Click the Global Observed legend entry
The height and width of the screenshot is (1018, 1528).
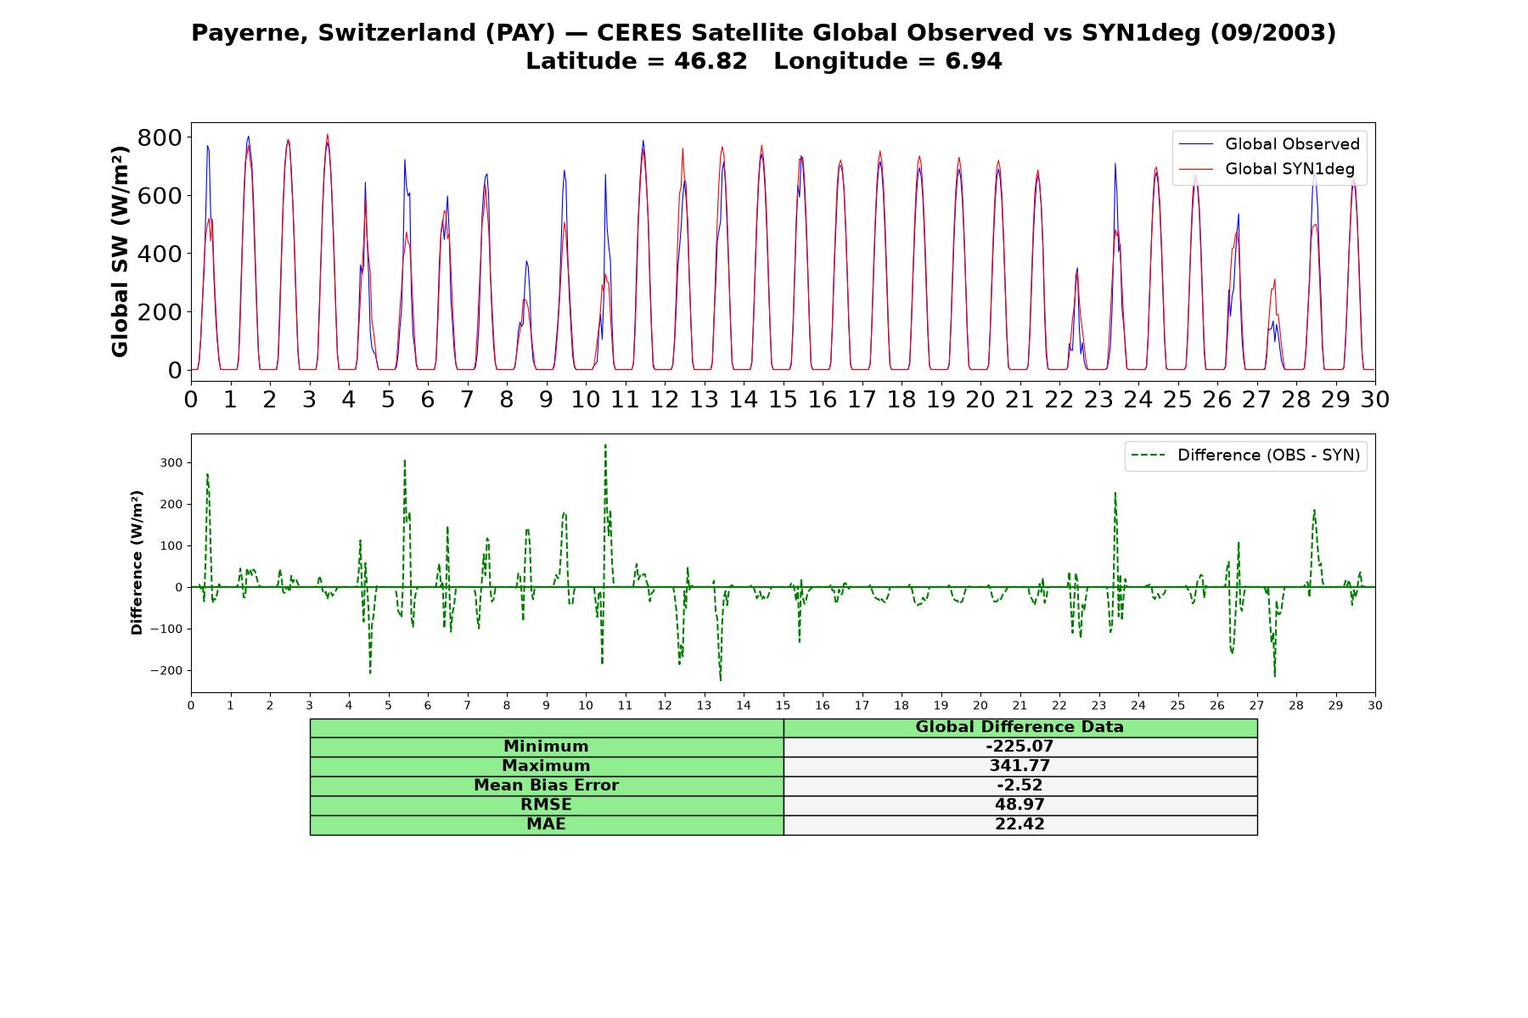(x=1269, y=144)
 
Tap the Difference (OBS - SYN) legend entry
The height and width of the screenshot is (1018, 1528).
(x=1246, y=456)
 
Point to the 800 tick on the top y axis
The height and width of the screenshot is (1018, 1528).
(x=160, y=137)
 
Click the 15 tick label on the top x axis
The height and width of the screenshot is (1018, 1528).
(x=783, y=399)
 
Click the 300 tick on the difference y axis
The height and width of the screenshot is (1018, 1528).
(x=171, y=462)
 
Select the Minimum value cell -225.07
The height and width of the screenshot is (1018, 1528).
(x=1020, y=747)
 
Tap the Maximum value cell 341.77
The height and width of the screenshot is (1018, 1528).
(x=1020, y=766)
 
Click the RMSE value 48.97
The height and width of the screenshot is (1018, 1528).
(x=1020, y=804)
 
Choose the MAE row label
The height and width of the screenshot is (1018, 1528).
(x=546, y=824)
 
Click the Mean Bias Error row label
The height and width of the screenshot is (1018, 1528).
(x=546, y=786)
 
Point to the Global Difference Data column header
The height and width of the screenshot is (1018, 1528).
(x=1020, y=727)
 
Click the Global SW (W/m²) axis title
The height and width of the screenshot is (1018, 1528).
(x=120, y=251)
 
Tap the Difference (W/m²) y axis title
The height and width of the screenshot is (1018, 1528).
(x=137, y=562)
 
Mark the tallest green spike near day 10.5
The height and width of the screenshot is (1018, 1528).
(x=605, y=445)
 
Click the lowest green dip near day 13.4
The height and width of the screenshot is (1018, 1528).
(x=721, y=680)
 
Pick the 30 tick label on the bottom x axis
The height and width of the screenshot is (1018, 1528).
(x=1375, y=706)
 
